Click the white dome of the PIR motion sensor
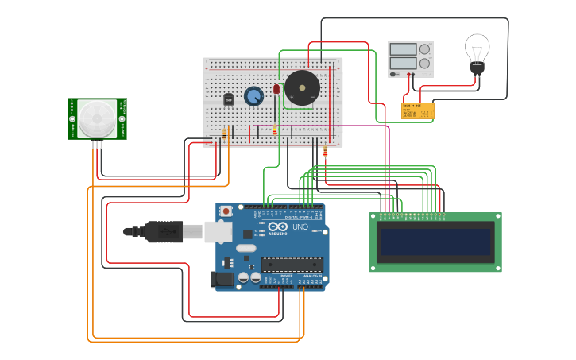(97, 118)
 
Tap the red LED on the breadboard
(276, 89)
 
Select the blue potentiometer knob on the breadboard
(253, 96)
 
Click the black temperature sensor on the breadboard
(229, 99)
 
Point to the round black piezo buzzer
(302, 87)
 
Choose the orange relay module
(417, 111)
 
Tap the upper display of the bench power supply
(403, 49)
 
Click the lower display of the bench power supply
(403, 63)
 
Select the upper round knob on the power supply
(425, 49)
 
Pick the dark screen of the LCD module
(435, 242)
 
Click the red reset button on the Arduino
(226, 211)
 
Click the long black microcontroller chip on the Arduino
(292, 264)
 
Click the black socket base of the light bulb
(477, 70)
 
